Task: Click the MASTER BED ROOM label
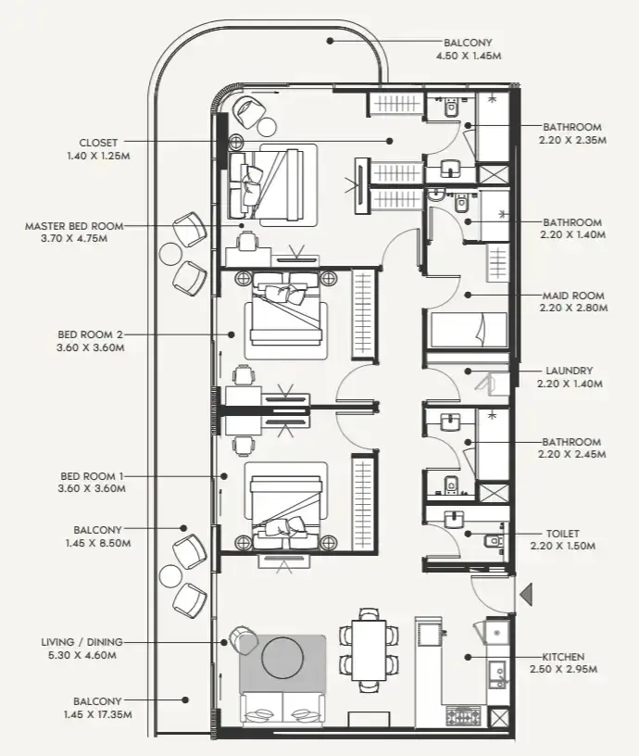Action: [74, 226]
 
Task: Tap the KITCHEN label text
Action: [563, 657]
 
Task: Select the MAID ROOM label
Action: [573, 296]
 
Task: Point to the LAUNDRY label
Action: [570, 371]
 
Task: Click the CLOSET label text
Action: [98, 143]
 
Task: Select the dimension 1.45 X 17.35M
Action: [98, 714]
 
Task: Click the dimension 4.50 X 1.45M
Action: [469, 56]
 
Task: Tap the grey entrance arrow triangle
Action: [526, 594]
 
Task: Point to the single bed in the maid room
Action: [469, 330]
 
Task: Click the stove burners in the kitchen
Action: [464, 716]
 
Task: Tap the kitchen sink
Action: [496, 674]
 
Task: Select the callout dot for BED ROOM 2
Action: [232, 334]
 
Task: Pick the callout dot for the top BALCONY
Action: [330, 41]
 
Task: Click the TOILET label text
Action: [563, 534]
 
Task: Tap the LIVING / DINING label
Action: [81, 642]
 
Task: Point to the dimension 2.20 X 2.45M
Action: [572, 454]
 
